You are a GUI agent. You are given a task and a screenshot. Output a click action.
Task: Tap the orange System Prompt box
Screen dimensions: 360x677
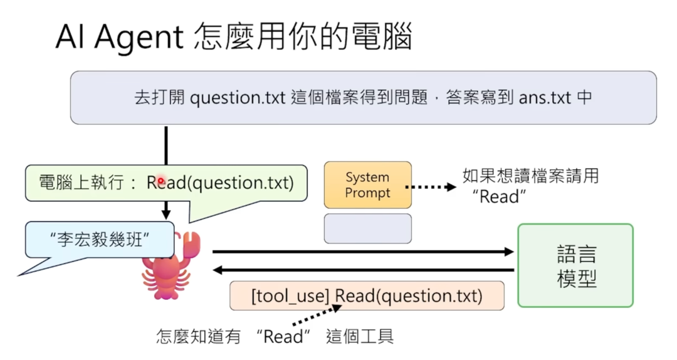(x=367, y=185)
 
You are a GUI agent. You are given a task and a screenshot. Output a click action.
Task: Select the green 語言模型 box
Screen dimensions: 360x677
(x=575, y=265)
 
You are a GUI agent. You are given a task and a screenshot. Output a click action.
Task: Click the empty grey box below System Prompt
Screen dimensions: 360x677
(x=367, y=228)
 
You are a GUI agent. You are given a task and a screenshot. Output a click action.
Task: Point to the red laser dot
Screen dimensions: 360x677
(x=160, y=181)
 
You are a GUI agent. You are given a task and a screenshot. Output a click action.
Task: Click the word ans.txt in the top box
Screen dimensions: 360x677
(x=545, y=98)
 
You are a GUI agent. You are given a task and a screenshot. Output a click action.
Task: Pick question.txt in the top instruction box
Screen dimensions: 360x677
(x=237, y=98)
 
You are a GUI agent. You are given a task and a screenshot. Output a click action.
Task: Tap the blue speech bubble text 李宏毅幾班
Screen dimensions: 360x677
(x=99, y=239)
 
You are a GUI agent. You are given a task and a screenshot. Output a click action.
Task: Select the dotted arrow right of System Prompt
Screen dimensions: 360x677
(x=431, y=186)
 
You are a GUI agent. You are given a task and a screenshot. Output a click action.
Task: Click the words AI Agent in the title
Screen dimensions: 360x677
(x=119, y=38)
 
